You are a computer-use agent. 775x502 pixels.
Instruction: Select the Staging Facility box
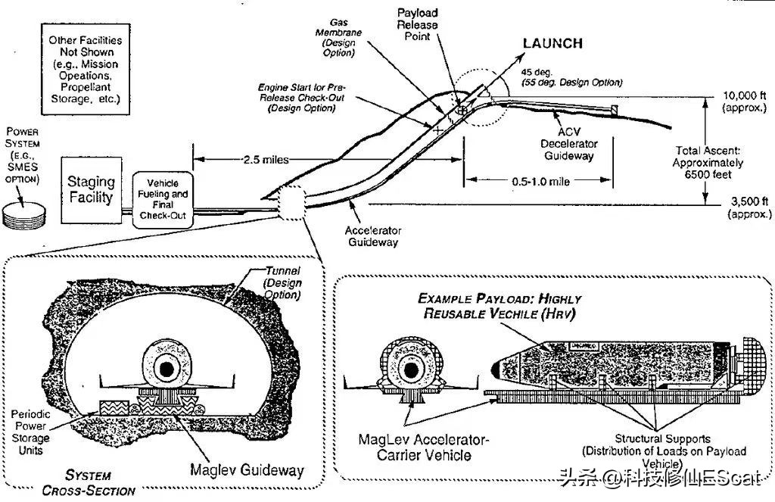click(x=91, y=189)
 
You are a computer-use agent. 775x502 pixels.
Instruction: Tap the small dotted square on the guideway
click(x=291, y=202)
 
